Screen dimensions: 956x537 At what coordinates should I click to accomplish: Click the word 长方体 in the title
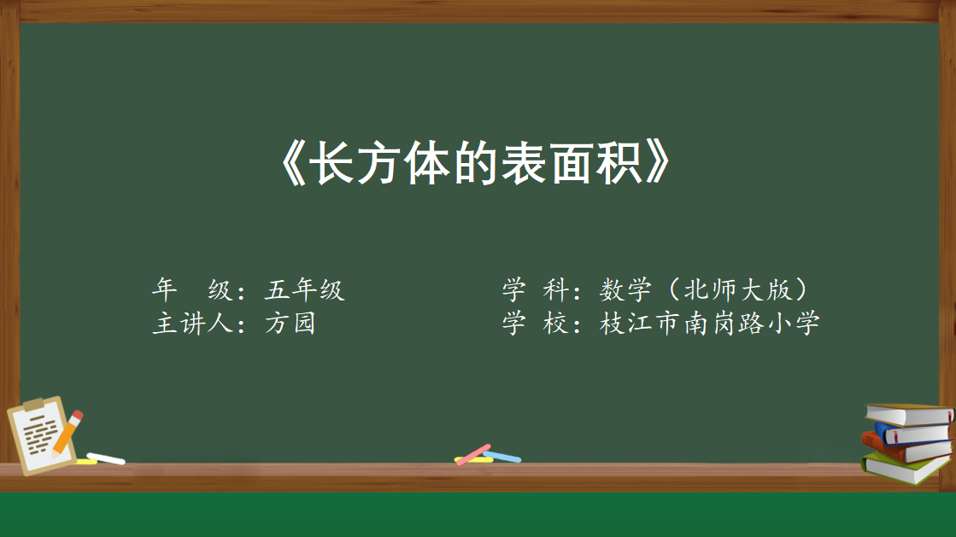pyautogui.click(x=380, y=163)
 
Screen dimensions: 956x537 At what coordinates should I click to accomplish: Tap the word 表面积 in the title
pyautogui.click(x=572, y=163)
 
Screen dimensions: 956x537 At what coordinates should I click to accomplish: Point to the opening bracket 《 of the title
pyautogui.click(x=292, y=163)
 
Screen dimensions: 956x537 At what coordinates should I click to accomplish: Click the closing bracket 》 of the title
pyautogui.click(x=658, y=163)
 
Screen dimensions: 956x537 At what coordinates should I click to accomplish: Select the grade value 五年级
pyautogui.click(x=305, y=289)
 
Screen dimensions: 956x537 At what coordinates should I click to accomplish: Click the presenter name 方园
pyautogui.click(x=290, y=323)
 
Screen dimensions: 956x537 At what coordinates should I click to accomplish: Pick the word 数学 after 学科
pyautogui.click(x=625, y=289)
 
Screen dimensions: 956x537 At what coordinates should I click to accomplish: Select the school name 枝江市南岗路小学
pyautogui.click(x=710, y=323)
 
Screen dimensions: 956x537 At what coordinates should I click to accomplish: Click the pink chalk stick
pyautogui.click(x=473, y=454)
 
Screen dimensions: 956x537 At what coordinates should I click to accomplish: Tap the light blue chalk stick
pyautogui.click(x=501, y=457)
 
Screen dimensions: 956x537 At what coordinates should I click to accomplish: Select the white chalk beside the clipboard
pyautogui.click(x=105, y=458)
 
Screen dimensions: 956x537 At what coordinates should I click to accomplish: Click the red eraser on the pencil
pyautogui.click(x=77, y=416)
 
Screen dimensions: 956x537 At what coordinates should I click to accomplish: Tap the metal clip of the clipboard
pyautogui.click(x=33, y=405)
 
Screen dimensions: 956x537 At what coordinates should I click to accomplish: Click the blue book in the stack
pyautogui.click(x=912, y=434)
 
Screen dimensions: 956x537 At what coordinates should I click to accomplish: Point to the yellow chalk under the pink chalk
pyautogui.click(x=474, y=460)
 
